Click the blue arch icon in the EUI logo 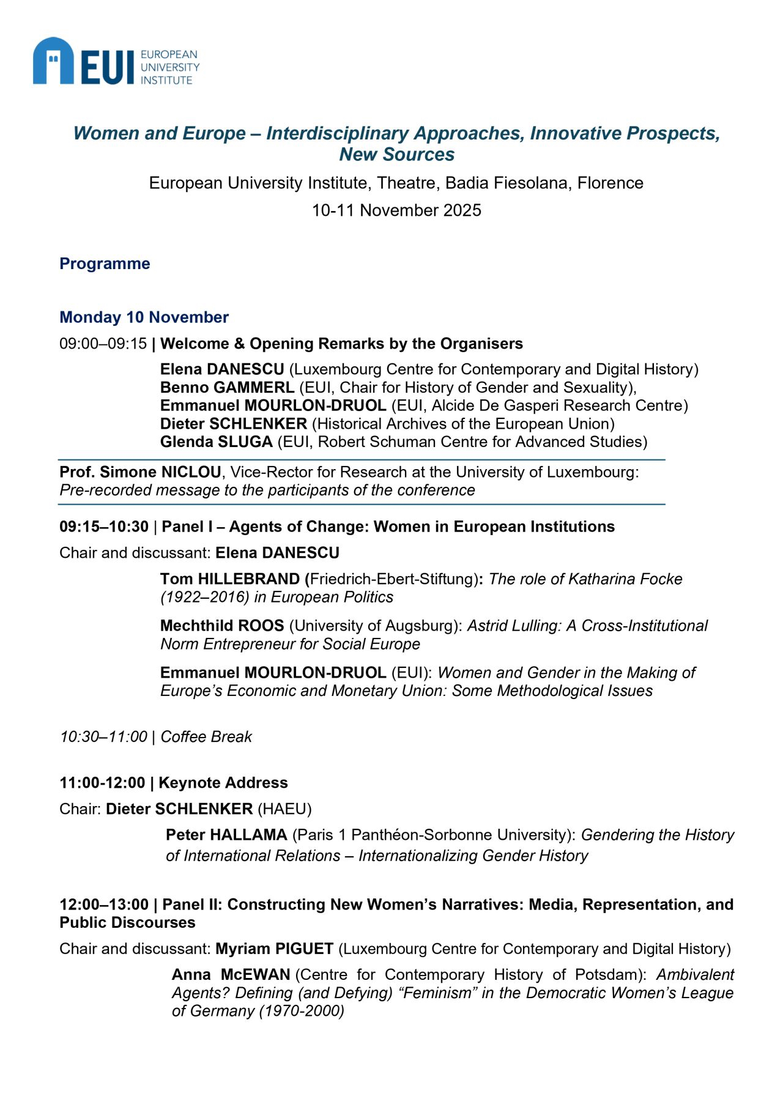tap(53, 61)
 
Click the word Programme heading tap(105, 264)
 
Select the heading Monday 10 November tap(144, 317)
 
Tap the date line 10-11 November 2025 tap(396, 210)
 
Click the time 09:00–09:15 tap(103, 344)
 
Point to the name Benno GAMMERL tap(227, 387)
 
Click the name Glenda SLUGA tap(216, 442)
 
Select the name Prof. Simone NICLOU tap(140, 472)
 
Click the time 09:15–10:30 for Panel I tap(104, 527)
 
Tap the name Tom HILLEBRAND tap(230, 579)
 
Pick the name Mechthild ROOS tap(222, 626)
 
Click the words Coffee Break tap(206, 736)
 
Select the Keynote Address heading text tap(223, 783)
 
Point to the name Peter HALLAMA tap(226, 835)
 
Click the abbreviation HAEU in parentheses tap(284, 809)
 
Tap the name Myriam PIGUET tap(274, 949)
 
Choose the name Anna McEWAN tap(231, 974)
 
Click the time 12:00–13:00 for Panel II tap(104, 905)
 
